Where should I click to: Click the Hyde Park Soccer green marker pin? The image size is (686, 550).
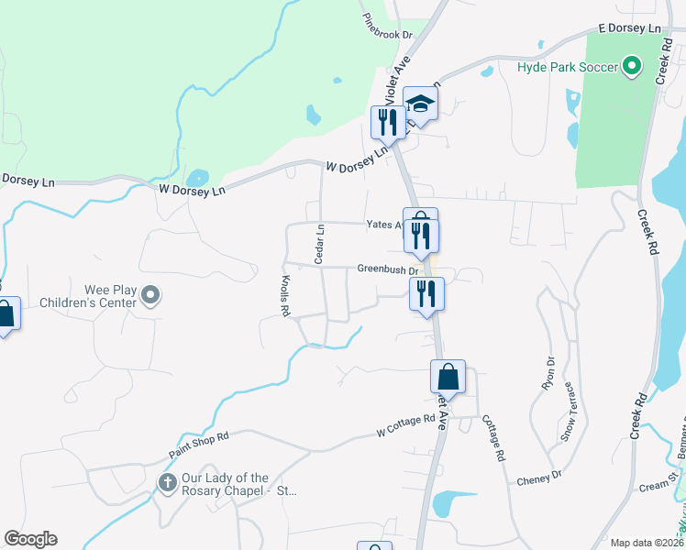point(632,66)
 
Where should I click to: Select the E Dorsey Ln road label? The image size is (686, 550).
point(630,29)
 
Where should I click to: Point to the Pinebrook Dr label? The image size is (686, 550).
point(388,27)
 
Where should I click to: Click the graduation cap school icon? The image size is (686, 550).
point(420,104)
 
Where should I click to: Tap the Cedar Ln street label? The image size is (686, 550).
point(320,245)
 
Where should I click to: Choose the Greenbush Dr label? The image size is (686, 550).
point(388,269)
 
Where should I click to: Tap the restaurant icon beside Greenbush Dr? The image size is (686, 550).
point(426,294)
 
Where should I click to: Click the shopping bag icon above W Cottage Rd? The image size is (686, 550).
point(448,377)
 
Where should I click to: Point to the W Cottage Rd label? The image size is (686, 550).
point(406,424)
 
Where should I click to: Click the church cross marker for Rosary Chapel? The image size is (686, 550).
point(167,482)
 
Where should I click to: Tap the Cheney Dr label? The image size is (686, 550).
point(538,478)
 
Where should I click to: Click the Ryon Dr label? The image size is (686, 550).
point(549,373)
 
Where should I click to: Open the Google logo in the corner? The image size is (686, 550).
point(30,538)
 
